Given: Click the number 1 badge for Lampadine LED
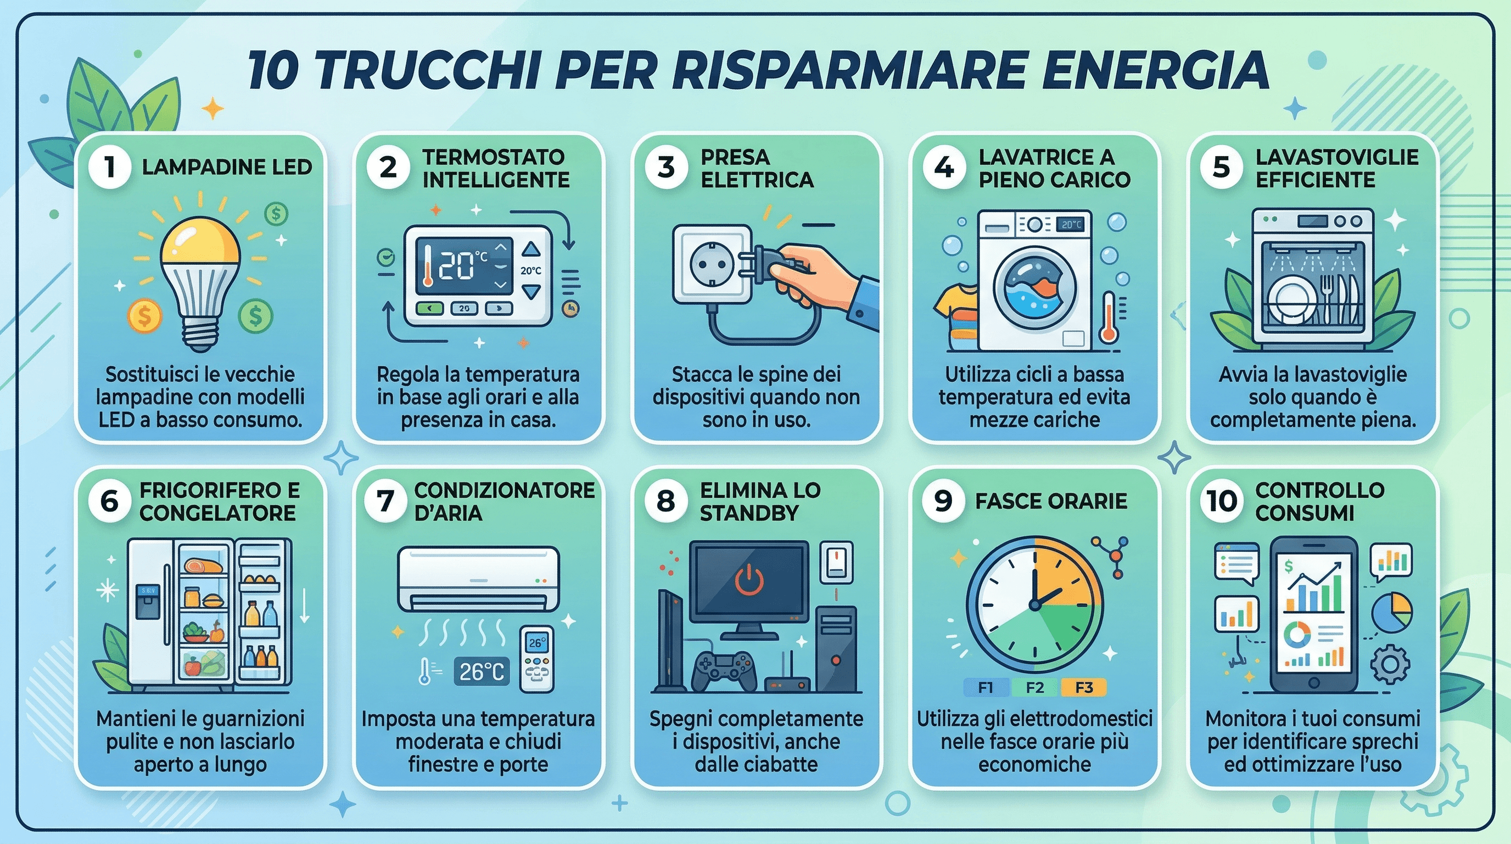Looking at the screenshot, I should click(x=110, y=167).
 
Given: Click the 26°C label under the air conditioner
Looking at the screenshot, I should click(x=481, y=671).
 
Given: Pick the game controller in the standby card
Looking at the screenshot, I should click(x=723, y=670).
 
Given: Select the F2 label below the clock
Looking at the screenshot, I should click(x=1035, y=687).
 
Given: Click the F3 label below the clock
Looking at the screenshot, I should click(x=1083, y=687).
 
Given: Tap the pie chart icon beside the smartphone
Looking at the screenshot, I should click(x=1391, y=613).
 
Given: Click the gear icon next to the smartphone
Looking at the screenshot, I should click(x=1389, y=664).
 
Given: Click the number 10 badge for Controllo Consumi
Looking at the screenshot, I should click(x=1222, y=501).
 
